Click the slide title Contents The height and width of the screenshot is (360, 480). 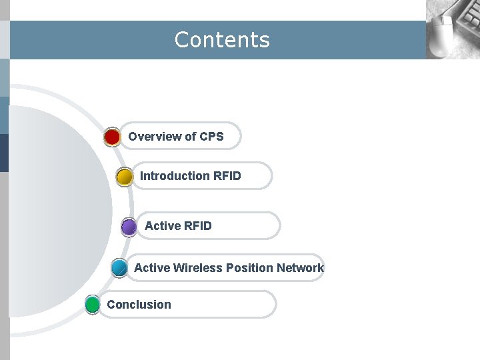coord(222,40)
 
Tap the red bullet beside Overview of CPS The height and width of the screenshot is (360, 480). coord(112,137)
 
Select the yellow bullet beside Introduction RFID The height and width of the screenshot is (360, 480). coord(124,177)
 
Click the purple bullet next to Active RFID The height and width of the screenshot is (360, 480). coord(129,227)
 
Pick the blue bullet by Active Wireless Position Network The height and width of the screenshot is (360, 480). coord(119,268)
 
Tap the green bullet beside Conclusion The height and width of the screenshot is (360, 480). coord(93,305)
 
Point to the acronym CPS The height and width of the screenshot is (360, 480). coord(211,137)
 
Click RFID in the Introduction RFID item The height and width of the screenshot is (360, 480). coord(227,176)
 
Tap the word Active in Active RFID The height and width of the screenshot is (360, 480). coord(162,226)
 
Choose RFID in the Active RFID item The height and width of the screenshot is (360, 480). coord(197,226)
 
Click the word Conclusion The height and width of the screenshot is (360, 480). coord(139,305)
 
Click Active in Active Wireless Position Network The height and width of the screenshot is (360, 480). coord(152,268)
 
